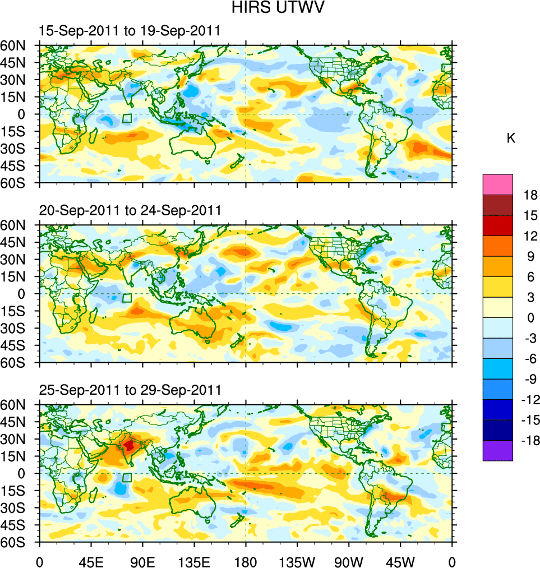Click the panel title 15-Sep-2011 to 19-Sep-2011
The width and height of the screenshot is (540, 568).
point(130,31)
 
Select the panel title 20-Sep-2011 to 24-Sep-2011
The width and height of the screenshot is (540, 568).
point(130,211)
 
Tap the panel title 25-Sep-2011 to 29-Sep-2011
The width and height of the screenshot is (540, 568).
point(130,390)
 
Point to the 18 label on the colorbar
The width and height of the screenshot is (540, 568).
point(530,195)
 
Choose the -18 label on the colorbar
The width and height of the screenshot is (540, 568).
point(528,441)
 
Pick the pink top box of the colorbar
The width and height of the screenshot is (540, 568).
point(497,184)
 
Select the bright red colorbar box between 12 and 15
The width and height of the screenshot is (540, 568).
point(497,226)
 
